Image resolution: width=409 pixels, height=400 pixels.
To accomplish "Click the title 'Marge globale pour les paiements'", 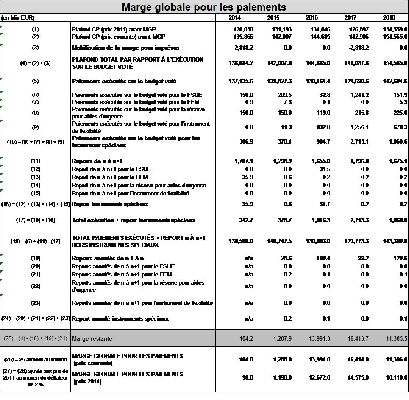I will click(x=204, y=7).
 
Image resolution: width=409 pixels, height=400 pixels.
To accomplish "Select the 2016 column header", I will click(x=312, y=18).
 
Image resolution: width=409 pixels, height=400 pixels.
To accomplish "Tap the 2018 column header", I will click(x=389, y=18).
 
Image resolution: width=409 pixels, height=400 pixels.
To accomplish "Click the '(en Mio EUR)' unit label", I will click(x=18, y=18).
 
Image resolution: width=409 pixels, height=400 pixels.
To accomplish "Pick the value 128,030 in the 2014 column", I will click(x=243, y=29).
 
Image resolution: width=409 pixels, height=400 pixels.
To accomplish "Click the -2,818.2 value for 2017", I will click(x=358, y=48).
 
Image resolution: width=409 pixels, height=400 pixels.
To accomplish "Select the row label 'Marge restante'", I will click(x=92, y=339).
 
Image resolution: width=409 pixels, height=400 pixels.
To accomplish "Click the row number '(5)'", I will click(x=35, y=81).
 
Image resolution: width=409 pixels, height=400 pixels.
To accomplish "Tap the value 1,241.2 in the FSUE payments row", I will click(x=359, y=95).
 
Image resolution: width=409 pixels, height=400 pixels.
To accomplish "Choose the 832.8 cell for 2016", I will click(x=323, y=127).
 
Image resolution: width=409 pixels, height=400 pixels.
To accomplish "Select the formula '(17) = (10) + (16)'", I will click(x=35, y=220).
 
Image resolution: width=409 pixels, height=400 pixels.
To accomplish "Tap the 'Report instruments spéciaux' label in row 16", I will click(x=110, y=204).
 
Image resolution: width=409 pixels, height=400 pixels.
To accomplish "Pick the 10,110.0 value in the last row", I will click(x=395, y=378).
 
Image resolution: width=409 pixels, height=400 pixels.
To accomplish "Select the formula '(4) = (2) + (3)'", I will click(x=35, y=63).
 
